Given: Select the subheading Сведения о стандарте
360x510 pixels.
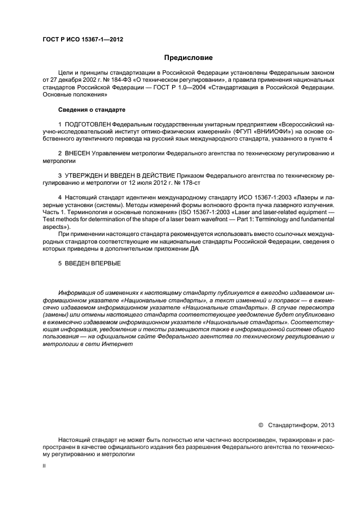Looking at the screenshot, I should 91,110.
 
